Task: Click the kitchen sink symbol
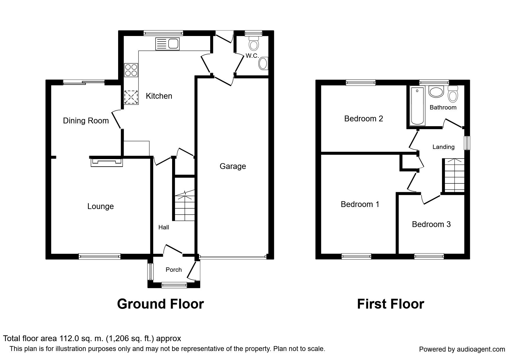point(168,44)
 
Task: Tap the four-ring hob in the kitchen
point(131,70)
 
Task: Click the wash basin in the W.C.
point(263,63)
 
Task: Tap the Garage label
point(232,166)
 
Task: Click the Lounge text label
point(100,206)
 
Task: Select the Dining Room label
point(86,121)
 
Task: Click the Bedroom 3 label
point(431,224)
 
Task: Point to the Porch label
point(174,270)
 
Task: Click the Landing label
point(443,147)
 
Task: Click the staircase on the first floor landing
point(453,175)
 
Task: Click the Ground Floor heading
point(160,304)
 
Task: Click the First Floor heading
point(390,304)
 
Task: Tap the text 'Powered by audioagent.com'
point(462,349)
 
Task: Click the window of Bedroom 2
point(361,83)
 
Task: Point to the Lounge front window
point(100,256)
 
